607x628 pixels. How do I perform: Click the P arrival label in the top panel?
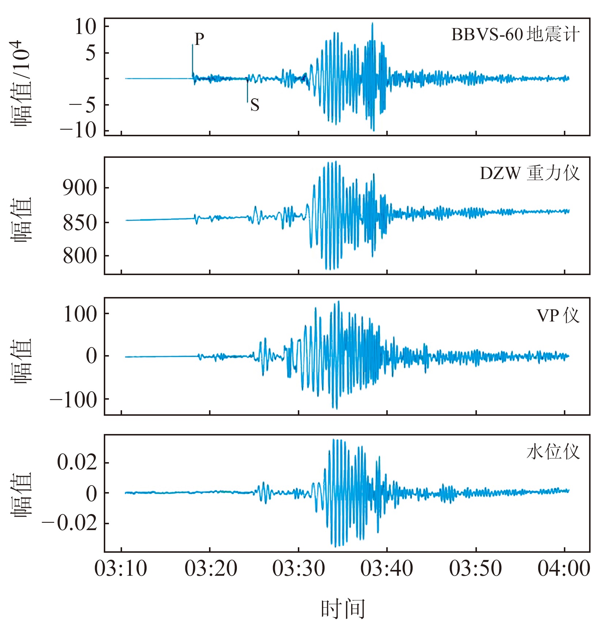tap(199, 39)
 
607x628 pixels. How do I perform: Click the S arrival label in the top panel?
tap(255, 106)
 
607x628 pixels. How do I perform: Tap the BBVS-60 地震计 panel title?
tap(515, 35)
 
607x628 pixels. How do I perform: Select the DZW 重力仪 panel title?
tap(530, 173)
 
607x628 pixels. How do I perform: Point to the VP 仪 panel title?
tap(558, 316)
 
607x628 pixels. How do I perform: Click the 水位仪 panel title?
tap(553, 452)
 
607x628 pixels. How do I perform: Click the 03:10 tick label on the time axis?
tap(121, 569)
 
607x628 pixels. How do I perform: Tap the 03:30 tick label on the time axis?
tap(299, 569)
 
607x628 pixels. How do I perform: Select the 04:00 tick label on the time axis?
tap(564, 569)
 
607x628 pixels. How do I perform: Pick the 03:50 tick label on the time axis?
tap(475, 569)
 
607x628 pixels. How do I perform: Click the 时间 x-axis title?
tap(343, 609)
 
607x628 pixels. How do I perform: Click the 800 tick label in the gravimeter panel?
tap(80, 256)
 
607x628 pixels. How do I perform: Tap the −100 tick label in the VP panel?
tap(74, 400)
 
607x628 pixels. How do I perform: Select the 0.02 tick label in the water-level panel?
tap(77, 463)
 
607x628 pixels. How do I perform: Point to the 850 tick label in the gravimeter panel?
tap(80, 222)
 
